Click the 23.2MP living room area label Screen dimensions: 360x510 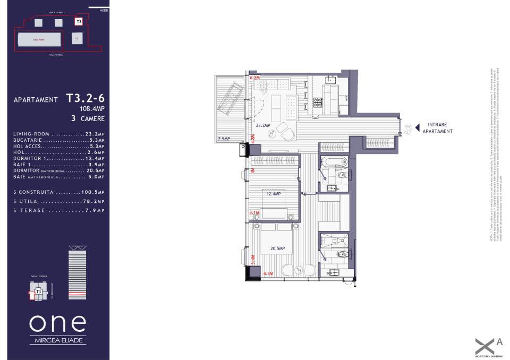(x=263, y=126)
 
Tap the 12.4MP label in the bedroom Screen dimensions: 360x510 (x=275, y=194)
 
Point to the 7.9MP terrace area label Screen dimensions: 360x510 (x=224, y=139)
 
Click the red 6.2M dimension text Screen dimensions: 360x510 (x=254, y=78)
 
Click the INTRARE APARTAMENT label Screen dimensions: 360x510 (x=437, y=128)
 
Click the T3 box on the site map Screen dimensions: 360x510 (x=79, y=22)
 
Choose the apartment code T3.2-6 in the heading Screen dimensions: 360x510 (x=85, y=98)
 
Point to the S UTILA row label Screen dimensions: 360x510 (x=26, y=202)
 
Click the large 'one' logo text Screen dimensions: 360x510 (x=57, y=322)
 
